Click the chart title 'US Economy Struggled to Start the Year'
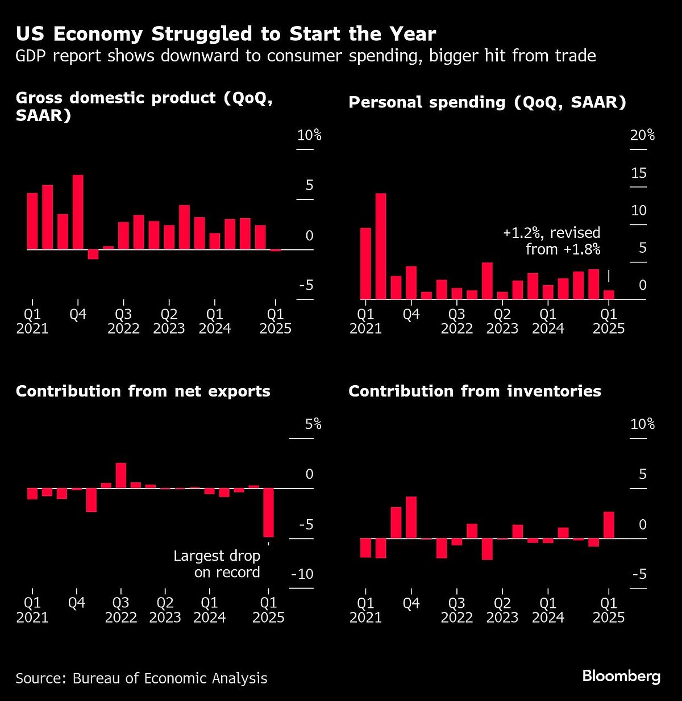pos(226,35)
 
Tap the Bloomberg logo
pos(621,676)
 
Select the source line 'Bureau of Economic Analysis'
pos(170,678)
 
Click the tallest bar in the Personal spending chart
pos(381,246)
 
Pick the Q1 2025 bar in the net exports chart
pos(268,512)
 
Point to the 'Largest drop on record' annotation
pos(217,564)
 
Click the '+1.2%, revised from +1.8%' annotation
pos(551,241)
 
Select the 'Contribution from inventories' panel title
pos(475,391)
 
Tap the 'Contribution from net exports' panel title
pos(143,391)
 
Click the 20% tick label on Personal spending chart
pos(642,135)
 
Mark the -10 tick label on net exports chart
pos(302,574)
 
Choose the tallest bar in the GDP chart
pos(78,212)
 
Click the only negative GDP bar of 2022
pos(93,254)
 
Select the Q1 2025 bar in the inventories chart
pos(609,525)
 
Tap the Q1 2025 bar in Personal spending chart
pos(609,294)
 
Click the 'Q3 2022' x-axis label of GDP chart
pos(123,322)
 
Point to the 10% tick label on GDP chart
pos(309,135)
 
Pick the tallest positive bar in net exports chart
pos(121,475)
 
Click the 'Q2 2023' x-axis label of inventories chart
pos(502,610)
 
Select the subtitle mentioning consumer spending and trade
pos(306,56)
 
